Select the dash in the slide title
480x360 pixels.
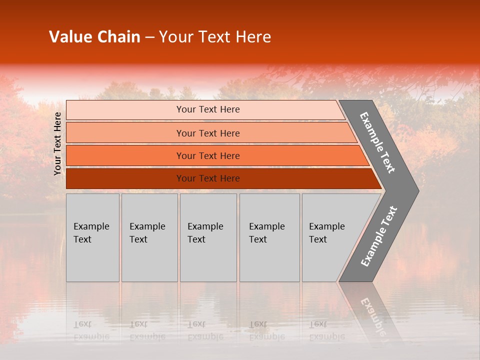coord(149,37)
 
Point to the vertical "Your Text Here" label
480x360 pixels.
coord(57,144)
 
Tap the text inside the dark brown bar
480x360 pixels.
coord(208,178)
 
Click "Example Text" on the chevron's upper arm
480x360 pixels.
coord(377,142)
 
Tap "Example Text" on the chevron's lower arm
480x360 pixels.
coord(379,236)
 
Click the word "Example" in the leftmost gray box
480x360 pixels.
coord(91,226)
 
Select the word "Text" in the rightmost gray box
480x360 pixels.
coord(318,239)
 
